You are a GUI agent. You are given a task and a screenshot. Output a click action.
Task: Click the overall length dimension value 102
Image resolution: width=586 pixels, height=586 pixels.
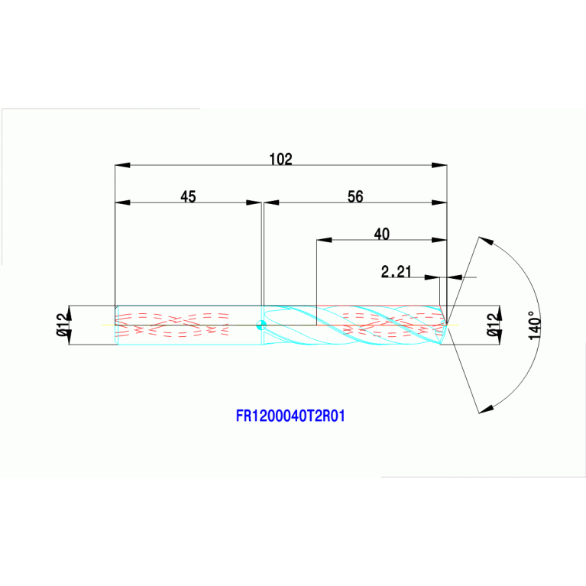[x=281, y=159]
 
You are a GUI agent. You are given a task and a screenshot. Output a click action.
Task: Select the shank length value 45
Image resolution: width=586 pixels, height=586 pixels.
[x=188, y=196]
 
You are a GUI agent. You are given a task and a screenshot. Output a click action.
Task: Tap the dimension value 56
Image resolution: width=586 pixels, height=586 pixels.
[x=355, y=196]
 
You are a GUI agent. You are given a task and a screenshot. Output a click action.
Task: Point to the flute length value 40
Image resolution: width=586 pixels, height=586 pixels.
[x=380, y=234]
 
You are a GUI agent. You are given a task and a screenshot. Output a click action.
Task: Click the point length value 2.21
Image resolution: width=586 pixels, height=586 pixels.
[x=397, y=270]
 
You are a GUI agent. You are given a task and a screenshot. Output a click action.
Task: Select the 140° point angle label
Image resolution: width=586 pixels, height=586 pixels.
[x=534, y=325]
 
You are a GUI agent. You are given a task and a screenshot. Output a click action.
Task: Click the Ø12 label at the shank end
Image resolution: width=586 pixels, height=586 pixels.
[x=63, y=325]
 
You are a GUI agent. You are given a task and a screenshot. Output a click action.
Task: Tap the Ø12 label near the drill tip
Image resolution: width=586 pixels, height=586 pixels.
[x=493, y=325]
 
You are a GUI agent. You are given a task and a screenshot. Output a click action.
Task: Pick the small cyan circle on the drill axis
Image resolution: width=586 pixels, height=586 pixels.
[x=261, y=325]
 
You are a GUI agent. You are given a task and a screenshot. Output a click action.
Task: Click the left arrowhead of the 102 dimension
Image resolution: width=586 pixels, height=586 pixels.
[x=121, y=165]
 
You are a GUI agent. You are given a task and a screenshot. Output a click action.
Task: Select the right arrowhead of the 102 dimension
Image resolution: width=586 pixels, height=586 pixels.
[x=440, y=165]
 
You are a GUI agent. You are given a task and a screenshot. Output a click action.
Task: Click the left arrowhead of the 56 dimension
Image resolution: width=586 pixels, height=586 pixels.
[x=270, y=202]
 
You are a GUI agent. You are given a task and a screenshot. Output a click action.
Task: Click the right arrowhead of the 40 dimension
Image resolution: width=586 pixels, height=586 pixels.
[x=440, y=240]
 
